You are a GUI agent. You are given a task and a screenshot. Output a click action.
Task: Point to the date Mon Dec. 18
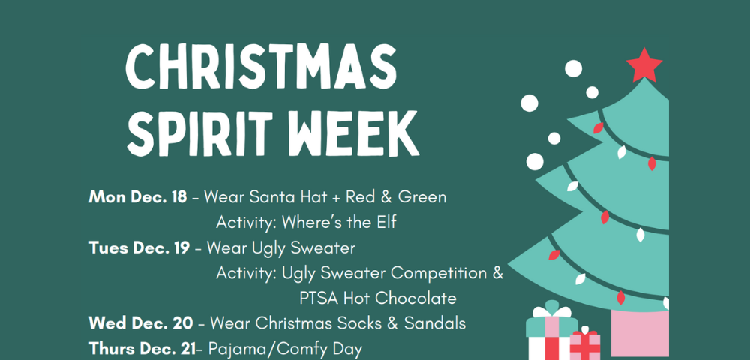(x=138, y=197)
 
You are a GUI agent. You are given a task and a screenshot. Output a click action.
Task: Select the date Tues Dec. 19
(x=139, y=248)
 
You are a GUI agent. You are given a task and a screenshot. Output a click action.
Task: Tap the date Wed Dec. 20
(x=141, y=323)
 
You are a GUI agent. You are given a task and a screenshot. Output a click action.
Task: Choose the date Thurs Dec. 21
(x=142, y=349)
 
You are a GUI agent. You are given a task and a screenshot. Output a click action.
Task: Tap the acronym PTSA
(x=319, y=298)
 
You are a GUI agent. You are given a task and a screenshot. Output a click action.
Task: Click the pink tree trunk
(x=640, y=333)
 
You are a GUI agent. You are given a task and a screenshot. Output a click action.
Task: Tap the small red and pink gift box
(x=584, y=345)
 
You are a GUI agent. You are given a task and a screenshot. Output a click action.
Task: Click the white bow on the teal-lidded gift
(x=552, y=311)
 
